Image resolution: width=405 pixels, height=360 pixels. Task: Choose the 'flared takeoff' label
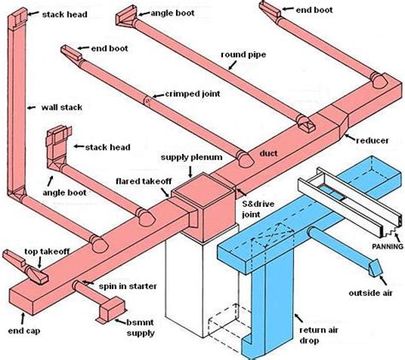tap(144, 182)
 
